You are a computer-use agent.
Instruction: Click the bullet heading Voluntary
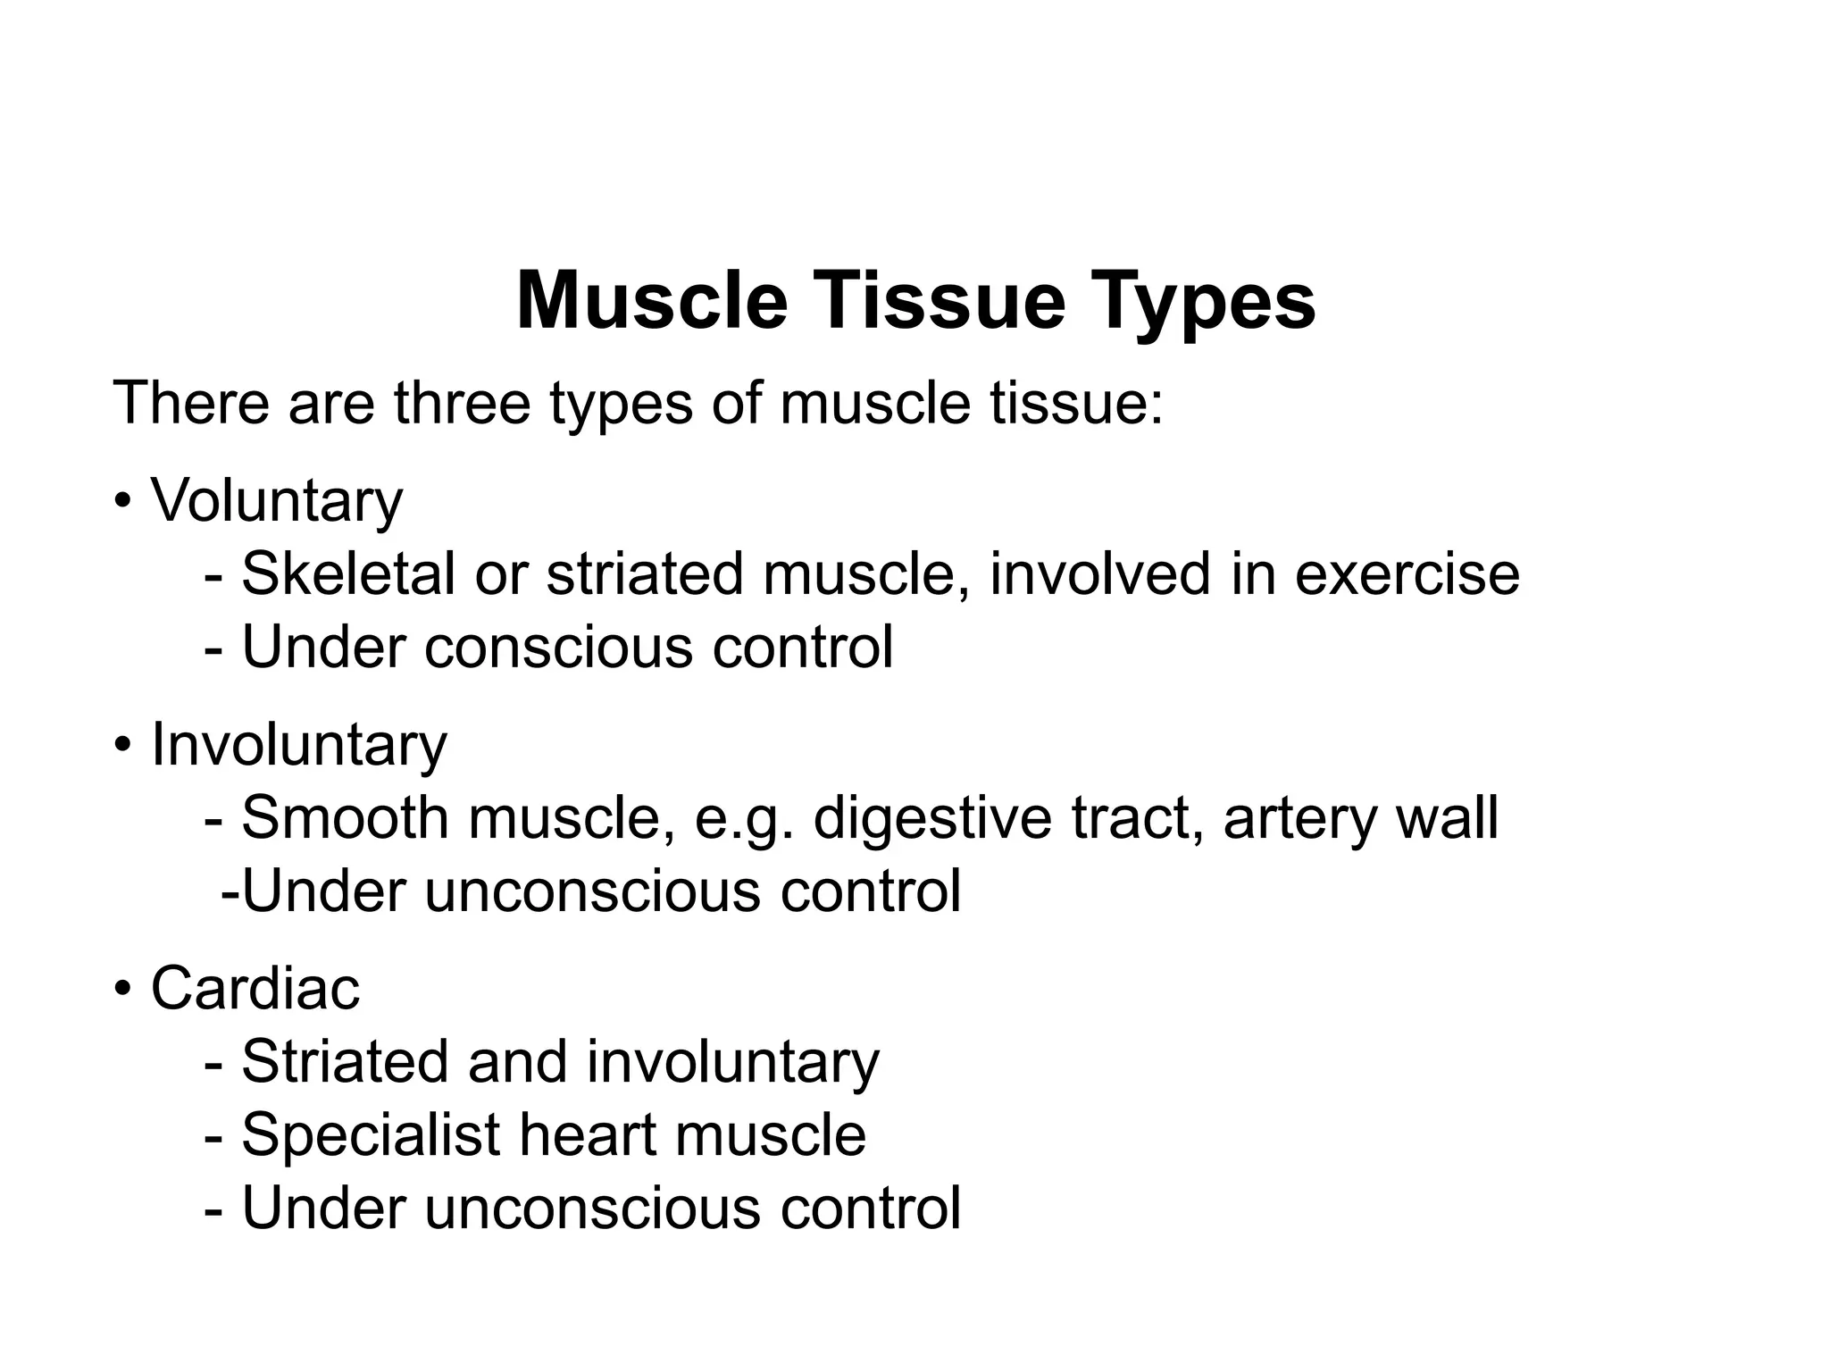coord(277,501)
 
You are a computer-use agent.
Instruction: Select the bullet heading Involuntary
coord(298,745)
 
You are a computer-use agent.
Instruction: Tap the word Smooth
coord(345,818)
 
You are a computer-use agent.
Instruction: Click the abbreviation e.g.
coord(744,820)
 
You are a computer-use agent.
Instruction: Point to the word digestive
coord(932,820)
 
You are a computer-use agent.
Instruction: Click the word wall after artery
coord(1446,818)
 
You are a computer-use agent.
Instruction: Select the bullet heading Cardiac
coord(255,989)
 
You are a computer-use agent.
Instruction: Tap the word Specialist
coord(370,1136)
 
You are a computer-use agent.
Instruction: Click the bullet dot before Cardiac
coord(123,990)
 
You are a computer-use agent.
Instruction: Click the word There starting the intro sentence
coord(190,403)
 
